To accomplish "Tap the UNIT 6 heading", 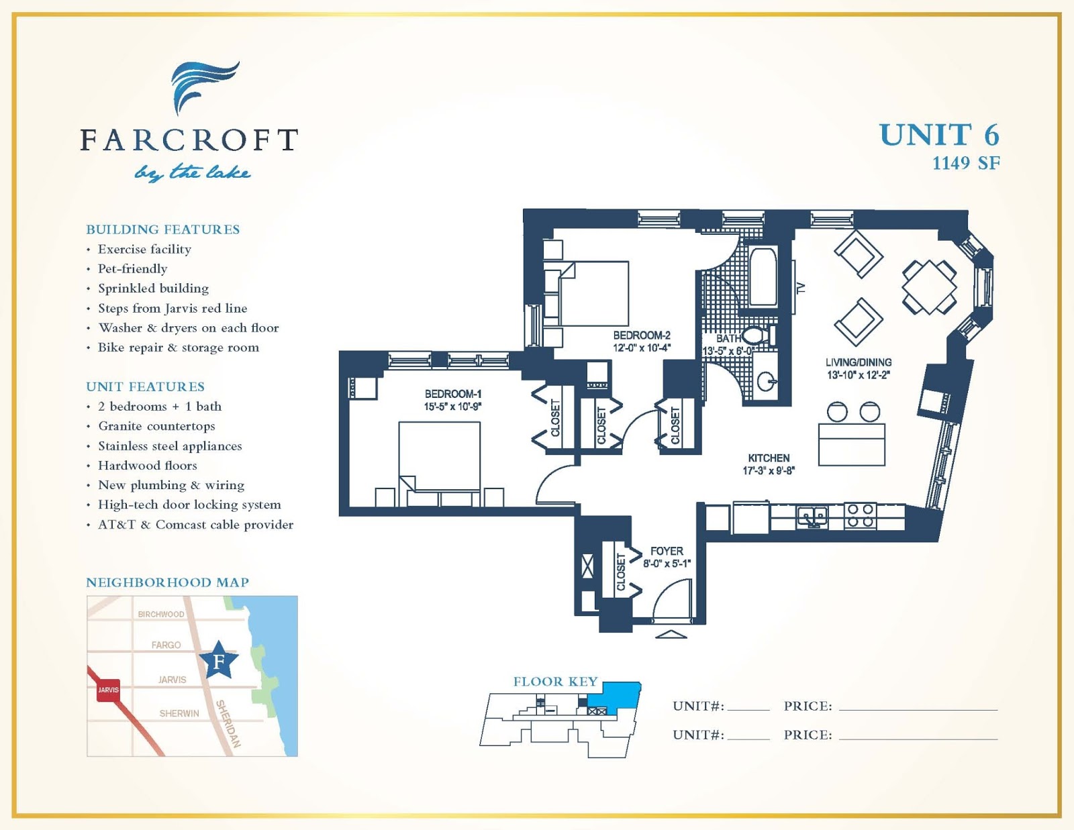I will (938, 135).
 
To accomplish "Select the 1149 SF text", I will (965, 163).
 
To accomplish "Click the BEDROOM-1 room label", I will (452, 394).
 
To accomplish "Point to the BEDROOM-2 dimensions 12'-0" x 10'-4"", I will (641, 348).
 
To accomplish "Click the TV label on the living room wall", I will (800, 289).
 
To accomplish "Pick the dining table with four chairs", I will (929, 287).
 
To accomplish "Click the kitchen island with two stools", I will (852, 443).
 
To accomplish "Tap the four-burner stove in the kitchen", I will (860, 515).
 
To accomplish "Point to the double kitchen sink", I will (812, 516).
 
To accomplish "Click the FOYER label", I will (666, 551).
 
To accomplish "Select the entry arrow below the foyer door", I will (670, 634).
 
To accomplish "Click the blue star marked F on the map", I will (219, 660).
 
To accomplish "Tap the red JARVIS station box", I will (108, 689).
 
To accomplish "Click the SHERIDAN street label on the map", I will (228, 723).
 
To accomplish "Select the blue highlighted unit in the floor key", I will (621, 694).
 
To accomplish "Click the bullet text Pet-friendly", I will (132, 269).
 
